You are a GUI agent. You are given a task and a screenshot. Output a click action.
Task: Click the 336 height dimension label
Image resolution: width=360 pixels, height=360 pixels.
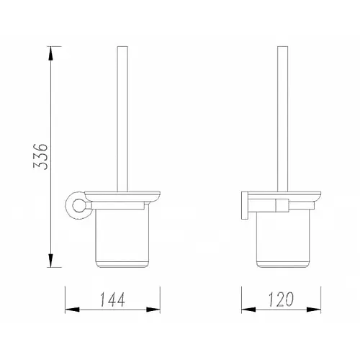pos(40,157)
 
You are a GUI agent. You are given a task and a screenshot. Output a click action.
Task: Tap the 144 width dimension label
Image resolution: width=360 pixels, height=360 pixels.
pos(112,300)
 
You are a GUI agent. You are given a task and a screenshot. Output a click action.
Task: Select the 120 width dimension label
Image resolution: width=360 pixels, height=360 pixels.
pos(281,300)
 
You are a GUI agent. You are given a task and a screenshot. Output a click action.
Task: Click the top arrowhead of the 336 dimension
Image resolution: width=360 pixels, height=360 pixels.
pos(50,53)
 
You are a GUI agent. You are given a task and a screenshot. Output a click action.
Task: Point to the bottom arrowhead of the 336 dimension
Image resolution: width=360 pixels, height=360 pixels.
pos(50,260)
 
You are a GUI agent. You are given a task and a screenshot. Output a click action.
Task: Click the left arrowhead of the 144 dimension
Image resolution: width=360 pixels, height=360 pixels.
pos(72,310)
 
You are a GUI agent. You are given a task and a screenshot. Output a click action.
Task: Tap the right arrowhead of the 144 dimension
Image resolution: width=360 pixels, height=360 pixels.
pos(153,310)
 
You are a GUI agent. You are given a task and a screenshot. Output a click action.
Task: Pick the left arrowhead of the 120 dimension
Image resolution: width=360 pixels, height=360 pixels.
pos(248,310)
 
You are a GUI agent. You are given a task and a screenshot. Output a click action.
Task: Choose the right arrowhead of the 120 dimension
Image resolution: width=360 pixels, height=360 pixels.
pos(313,310)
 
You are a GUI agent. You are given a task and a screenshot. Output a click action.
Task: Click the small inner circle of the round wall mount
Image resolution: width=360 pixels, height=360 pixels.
pos(78,206)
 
